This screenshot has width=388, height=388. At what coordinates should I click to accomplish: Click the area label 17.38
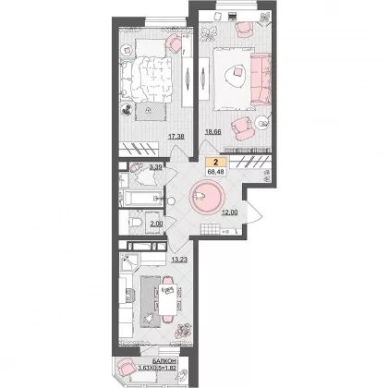(x=176, y=136)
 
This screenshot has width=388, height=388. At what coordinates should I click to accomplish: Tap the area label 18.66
(x=213, y=132)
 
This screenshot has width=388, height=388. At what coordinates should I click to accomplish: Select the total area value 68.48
(x=216, y=172)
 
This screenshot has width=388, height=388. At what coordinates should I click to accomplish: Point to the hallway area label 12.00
(x=230, y=212)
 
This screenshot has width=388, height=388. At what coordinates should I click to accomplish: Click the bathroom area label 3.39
(x=156, y=167)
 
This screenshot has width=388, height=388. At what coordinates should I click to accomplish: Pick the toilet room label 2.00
(x=156, y=224)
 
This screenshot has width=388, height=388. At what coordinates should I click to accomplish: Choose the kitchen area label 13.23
(x=179, y=260)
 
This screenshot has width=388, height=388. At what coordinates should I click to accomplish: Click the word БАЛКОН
(x=164, y=361)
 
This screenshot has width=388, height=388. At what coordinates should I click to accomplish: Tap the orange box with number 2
(x=216, y=163)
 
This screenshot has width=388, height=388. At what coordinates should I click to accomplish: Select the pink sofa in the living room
(x=261, y=79)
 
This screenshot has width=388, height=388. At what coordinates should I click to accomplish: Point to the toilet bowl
(x=136, y=222)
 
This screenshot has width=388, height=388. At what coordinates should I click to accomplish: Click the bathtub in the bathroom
(x=141, y=199)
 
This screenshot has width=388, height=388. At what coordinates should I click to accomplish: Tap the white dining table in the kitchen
(x=168, y=299)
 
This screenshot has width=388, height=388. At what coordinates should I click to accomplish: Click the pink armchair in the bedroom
(x=173, y=43)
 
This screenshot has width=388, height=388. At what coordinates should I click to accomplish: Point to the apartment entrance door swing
(x=254, y=212)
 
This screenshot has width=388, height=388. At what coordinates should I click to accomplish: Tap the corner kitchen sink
(x=128, y=262)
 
